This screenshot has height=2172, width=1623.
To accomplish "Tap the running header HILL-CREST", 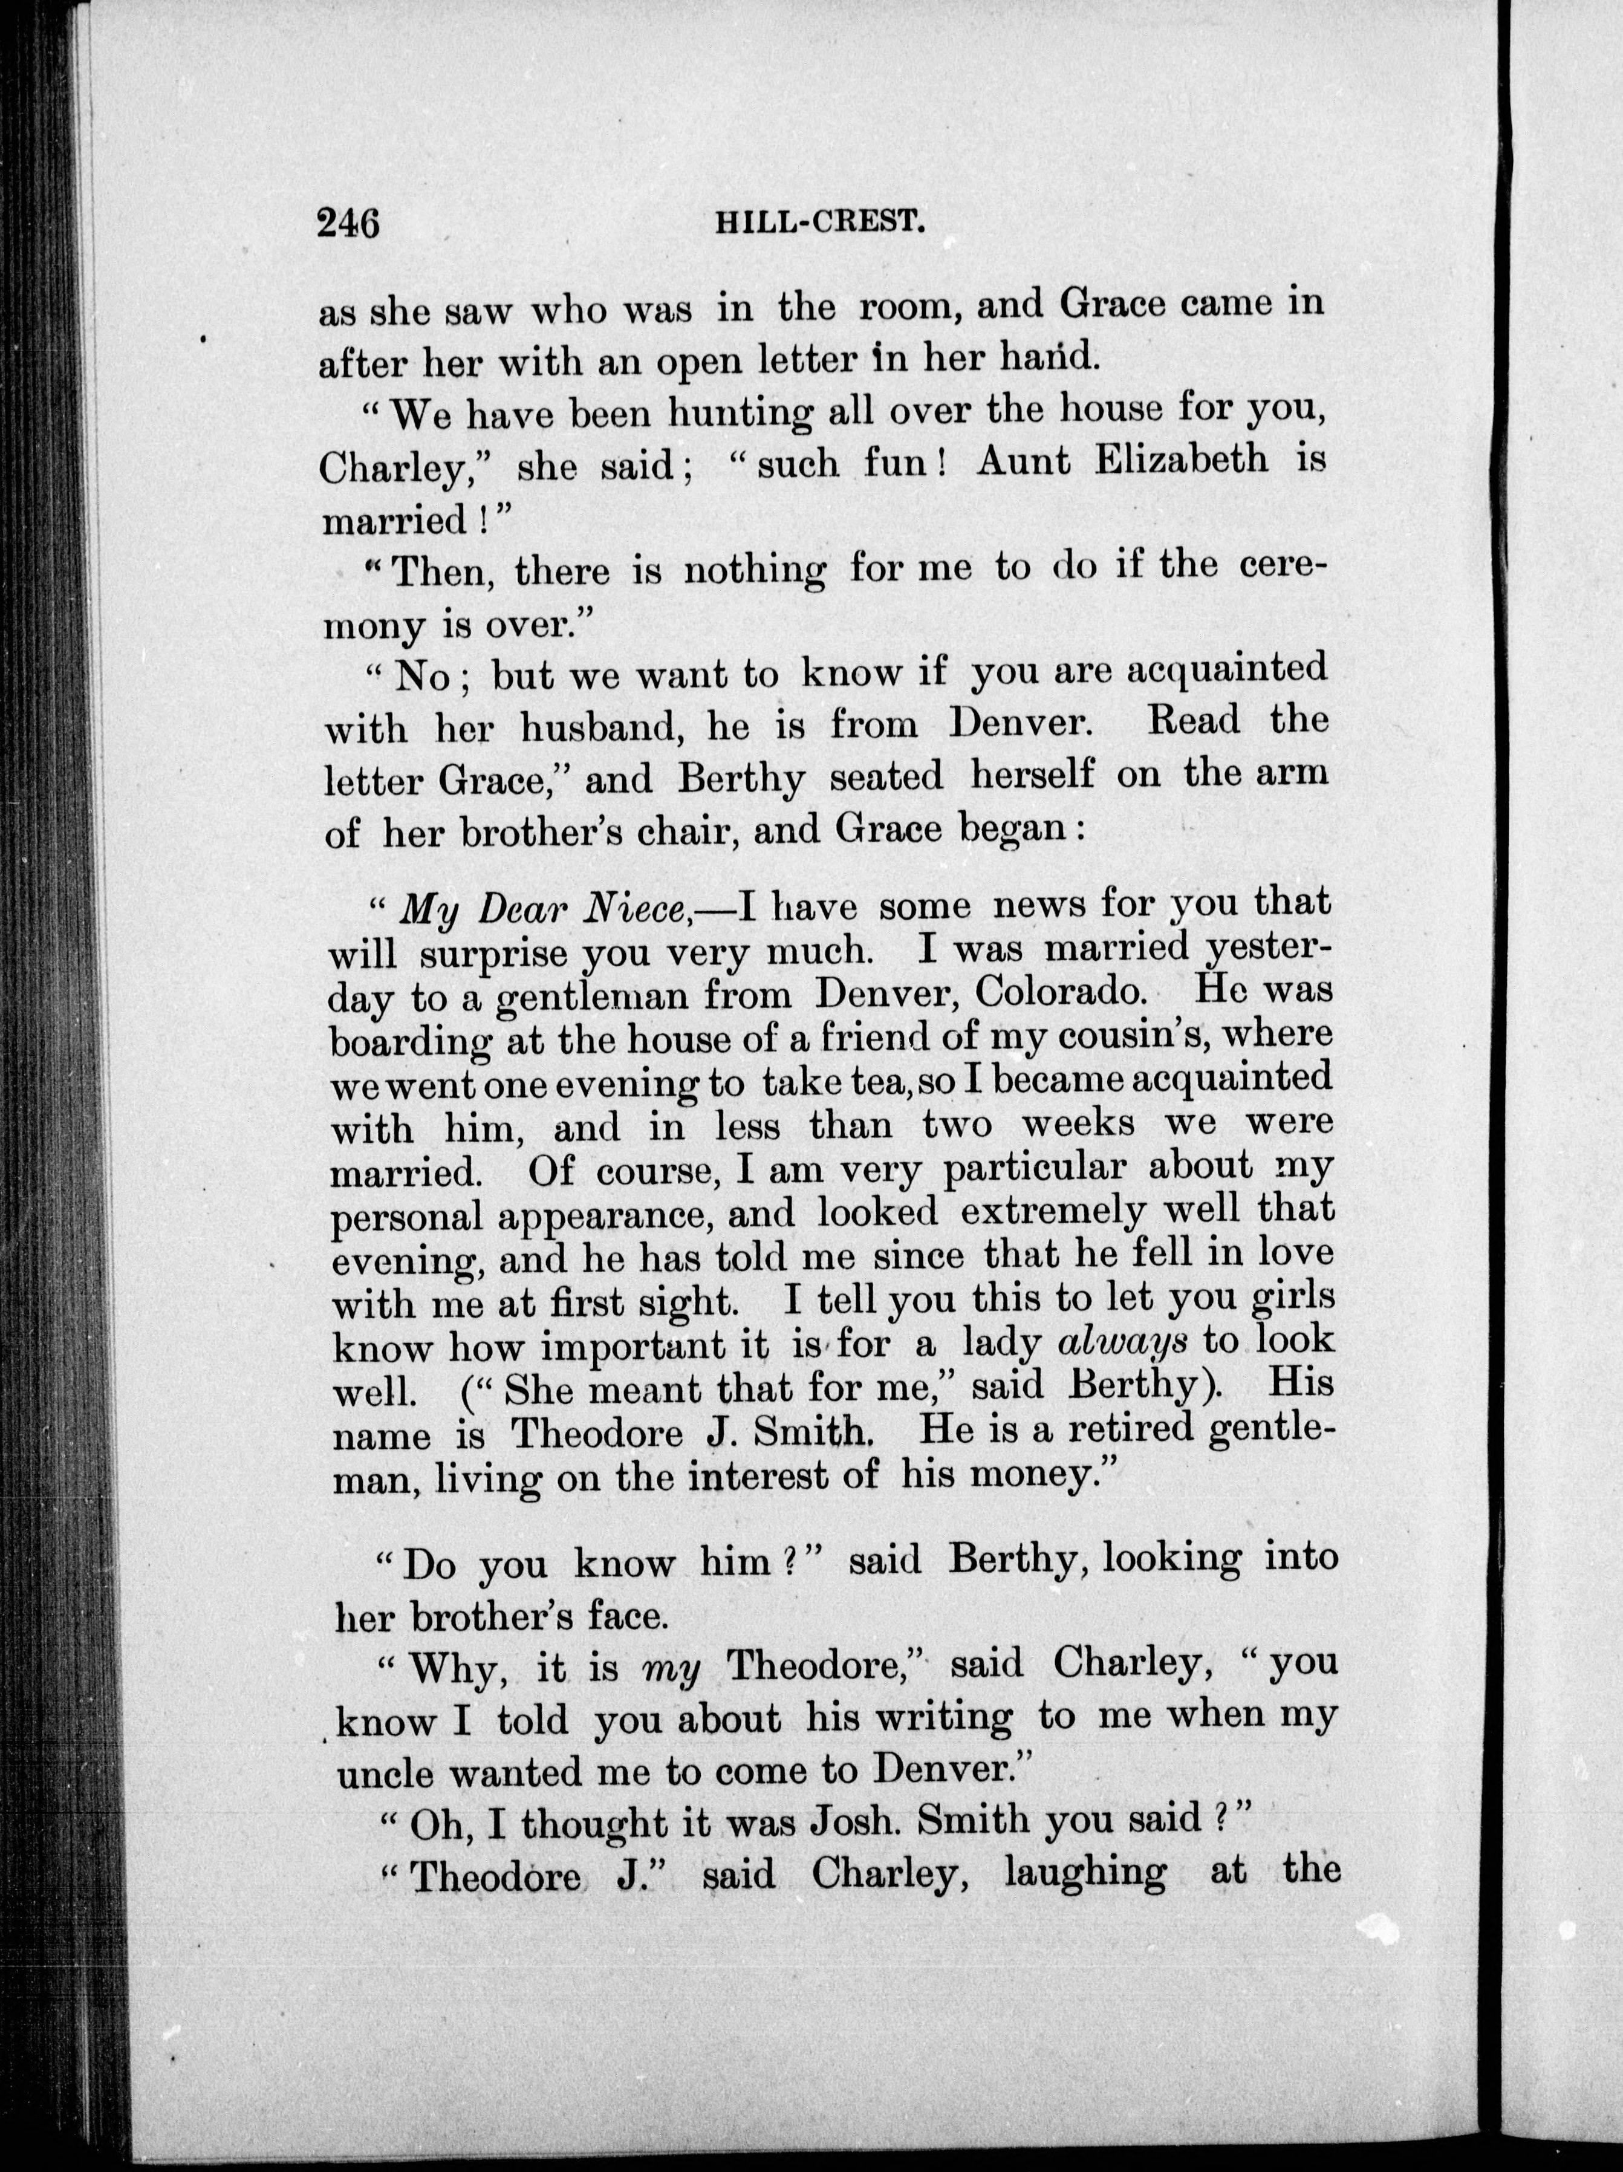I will (x=821, y=223).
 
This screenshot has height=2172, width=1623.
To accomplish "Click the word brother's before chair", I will (x=545, y=831).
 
